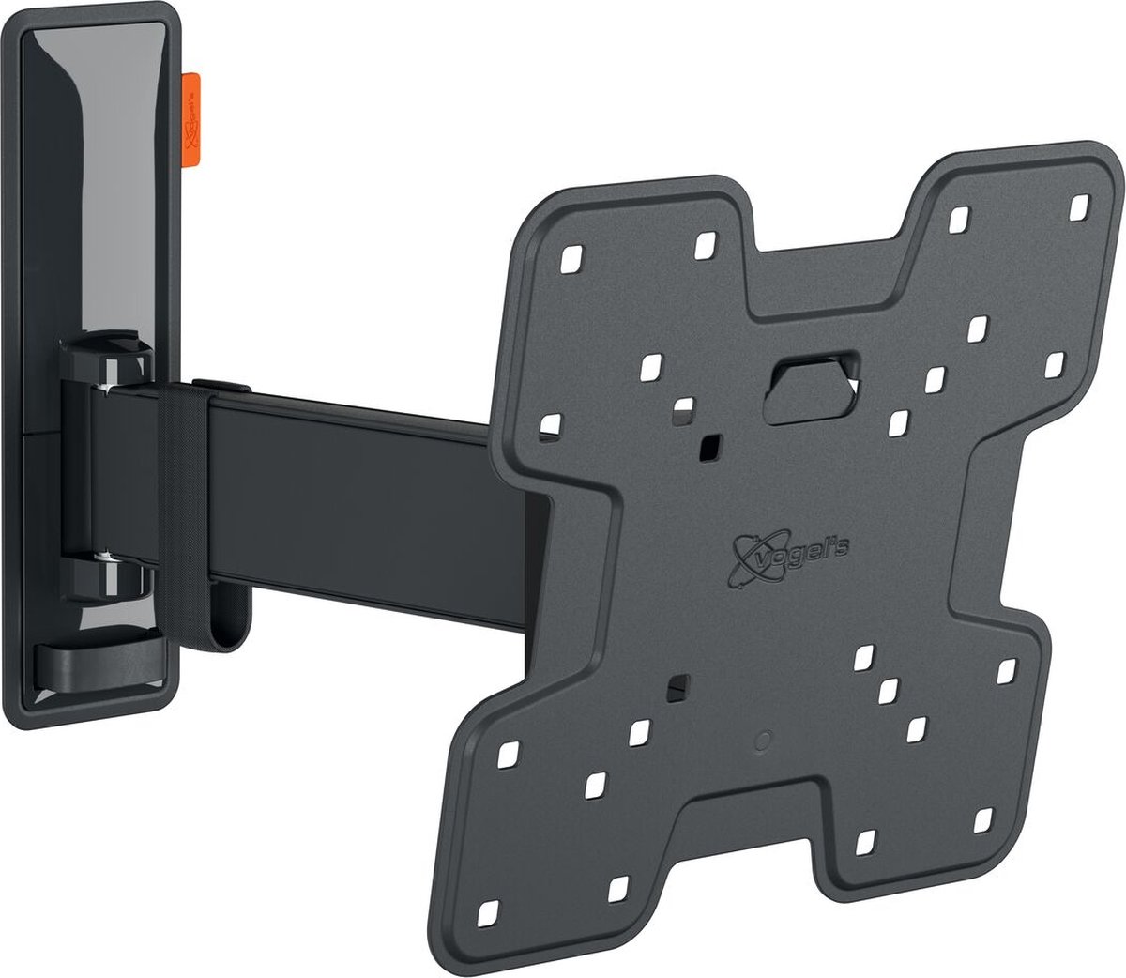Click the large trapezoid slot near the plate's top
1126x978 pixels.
[813, 384]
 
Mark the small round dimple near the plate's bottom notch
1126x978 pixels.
[762, 739]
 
